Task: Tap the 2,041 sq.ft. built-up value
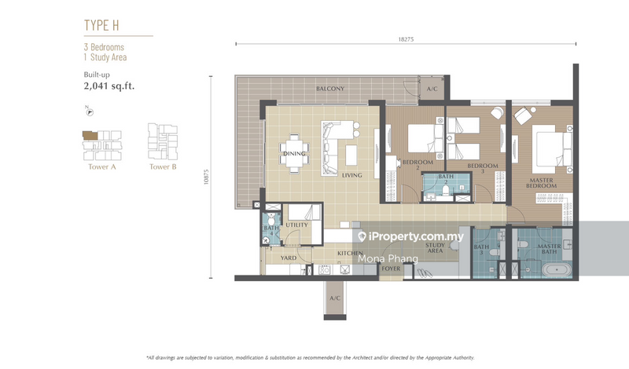[109, 86]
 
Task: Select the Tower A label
[99, 166]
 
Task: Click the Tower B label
[163, 166]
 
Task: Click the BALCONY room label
[330, 89]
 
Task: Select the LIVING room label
[351, 176]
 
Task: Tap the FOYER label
[391, 269]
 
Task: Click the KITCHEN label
[350, 254]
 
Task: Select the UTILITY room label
[296, 225]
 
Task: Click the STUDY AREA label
[436, 248]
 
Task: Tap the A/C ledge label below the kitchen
[334, 298]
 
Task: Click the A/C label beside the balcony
[432, 89]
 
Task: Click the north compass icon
[89, 112]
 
